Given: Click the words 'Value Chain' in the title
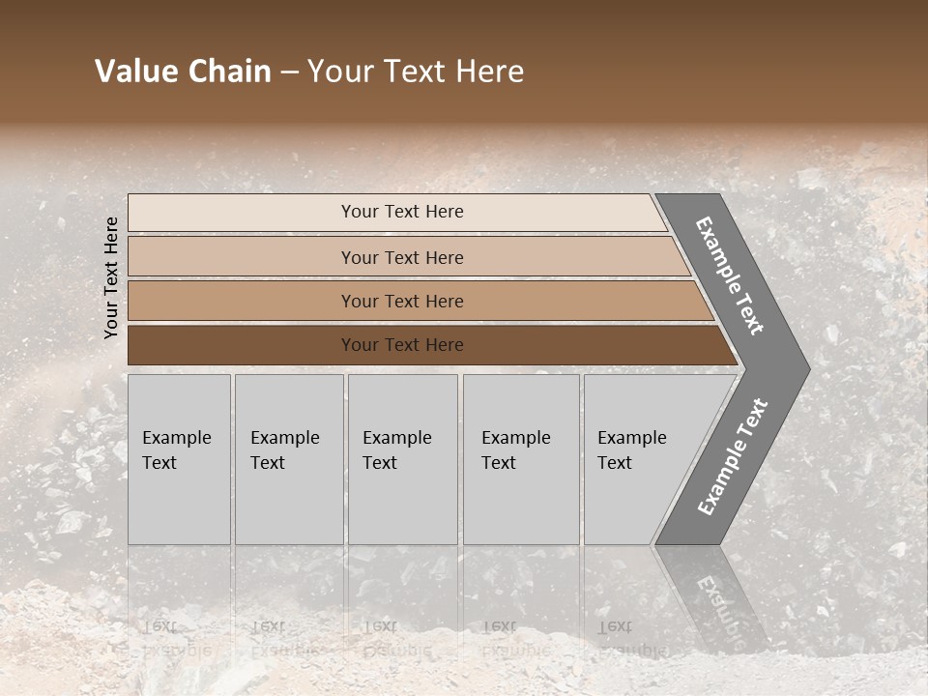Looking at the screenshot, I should point(183,72).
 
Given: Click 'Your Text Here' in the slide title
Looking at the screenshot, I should point(416,72).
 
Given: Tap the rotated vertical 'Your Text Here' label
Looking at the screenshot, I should point(111,277).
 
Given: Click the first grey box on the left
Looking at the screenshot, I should point(179,503).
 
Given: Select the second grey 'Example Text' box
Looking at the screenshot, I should point(289,503).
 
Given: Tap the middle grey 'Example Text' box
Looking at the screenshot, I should point(402,503).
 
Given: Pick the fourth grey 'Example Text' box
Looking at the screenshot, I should point(521,503).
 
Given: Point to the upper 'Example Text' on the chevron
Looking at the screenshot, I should point(730,275).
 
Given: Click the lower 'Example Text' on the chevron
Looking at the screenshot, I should point(733,456).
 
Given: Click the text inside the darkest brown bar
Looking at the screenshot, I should point(402,345).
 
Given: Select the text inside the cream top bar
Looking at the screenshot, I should point(402,212).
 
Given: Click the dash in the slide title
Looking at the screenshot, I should point(289,72).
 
